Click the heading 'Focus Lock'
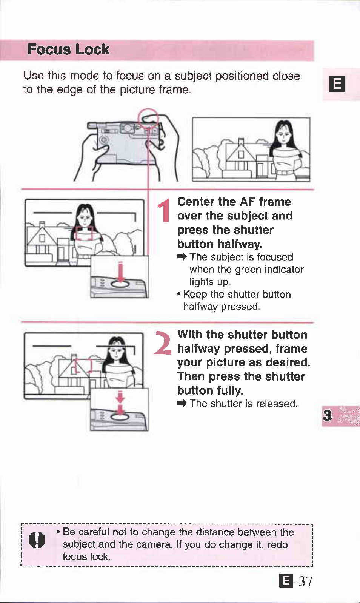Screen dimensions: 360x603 coord(68,49)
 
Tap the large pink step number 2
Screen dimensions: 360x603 coord(163,342)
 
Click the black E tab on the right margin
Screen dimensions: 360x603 coord(337,84)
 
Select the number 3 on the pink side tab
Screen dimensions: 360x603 coord(328,415)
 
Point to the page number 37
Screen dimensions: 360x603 coord(306,581)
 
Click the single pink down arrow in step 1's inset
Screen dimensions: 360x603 coord(120,271)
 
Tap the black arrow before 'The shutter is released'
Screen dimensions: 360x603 coord(182,403)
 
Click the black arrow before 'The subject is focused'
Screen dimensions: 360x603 coord(182,257)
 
